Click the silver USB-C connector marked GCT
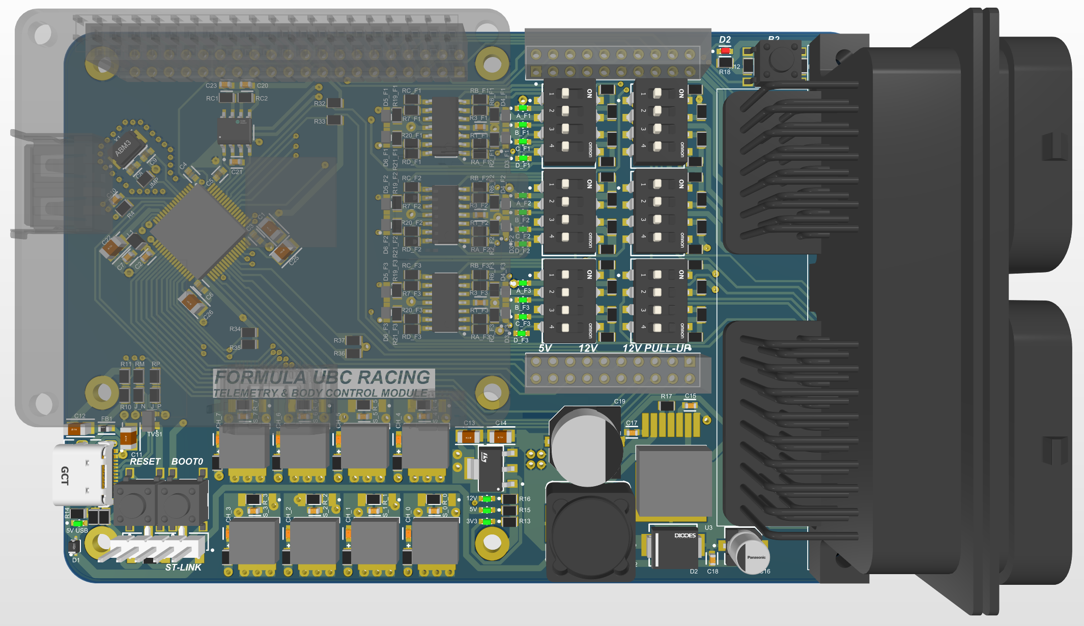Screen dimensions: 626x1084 81,475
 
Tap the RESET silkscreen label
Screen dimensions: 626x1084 145,462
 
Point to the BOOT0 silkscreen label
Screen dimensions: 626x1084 187,462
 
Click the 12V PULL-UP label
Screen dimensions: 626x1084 657,348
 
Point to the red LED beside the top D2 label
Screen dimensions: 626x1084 725,51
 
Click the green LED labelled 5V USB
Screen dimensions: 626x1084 77,523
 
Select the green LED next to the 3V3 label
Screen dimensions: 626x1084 488,521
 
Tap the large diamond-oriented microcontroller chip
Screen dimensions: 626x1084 198,231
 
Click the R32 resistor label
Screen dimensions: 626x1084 319,104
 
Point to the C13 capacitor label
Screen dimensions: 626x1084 469,423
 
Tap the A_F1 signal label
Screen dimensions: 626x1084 523,116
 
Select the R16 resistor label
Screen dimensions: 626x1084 525,499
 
